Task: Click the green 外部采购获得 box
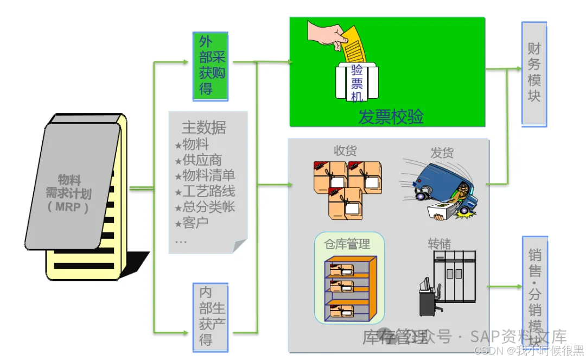pyautogui.click(x=210, y=66)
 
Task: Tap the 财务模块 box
pyautogui.click(x=534, y=74)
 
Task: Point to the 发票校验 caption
pyautogui.click(x=391, y=116)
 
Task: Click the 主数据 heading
pyautogui.click(x=203, y=128)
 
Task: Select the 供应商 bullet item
pyautogui.click(x=202, y=160)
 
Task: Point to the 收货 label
pyautogui.click(x=345, y=150)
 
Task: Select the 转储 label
pyautogui.click(x=439, y=243)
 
